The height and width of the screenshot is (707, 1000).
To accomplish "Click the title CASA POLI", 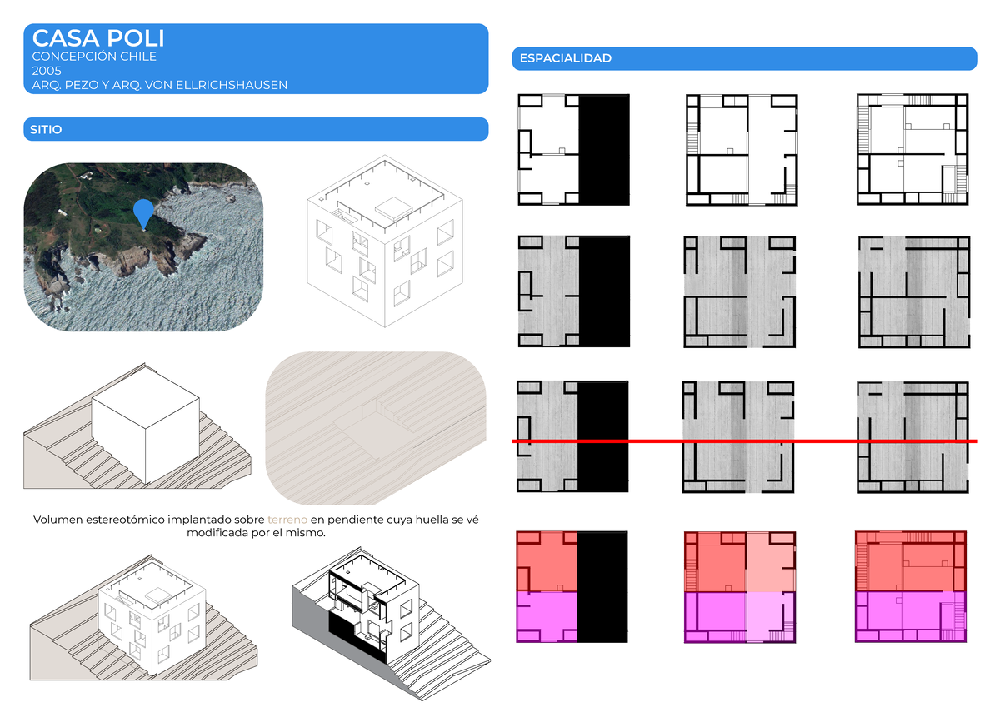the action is coord(98,38).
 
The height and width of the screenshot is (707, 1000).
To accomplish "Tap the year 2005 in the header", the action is coord(47,71).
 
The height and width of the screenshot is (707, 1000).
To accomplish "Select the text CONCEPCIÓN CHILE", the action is coord(94,56).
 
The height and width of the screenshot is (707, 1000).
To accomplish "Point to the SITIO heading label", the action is coord(46,129).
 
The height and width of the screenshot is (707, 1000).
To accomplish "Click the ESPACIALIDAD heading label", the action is coord(566,58).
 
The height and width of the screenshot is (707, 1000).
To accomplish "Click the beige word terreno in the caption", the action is coord(287,520).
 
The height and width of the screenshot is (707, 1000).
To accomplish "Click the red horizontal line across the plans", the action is coord(745,441).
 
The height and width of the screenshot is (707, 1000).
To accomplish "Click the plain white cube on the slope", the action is coord(146,426).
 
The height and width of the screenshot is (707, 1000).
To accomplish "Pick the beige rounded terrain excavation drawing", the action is coord(376,428).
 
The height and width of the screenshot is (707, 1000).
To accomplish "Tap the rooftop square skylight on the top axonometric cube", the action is coord(393,207).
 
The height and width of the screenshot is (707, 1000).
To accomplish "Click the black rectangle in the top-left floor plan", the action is coord(604,149).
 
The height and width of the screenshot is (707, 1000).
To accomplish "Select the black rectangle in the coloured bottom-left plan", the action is coord(602,586).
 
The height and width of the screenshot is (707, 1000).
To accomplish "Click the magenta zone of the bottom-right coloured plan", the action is coord(911,616).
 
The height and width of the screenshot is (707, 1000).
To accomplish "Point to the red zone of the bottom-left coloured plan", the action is coord(547,561).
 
